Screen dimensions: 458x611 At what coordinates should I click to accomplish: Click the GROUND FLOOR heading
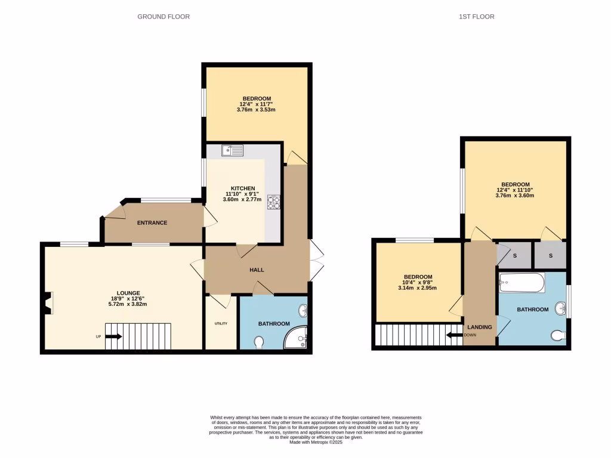point(163,17)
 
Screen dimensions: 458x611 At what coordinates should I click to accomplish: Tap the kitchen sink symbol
point(232,150)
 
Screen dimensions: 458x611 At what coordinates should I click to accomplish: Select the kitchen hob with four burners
point(274,203)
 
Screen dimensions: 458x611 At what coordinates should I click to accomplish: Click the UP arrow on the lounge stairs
point(114,336)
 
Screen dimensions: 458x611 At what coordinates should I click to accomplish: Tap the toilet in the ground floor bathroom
point(259,343)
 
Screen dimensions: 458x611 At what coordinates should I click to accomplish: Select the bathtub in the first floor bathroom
point(522,283)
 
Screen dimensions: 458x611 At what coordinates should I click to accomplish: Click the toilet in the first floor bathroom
point(558,336)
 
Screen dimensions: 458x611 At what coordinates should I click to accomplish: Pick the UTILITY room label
point(221,324)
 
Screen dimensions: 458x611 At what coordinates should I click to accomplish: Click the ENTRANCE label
point(152,223)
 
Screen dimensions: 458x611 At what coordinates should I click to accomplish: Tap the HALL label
point(257,270)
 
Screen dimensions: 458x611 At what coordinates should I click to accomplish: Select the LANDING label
point(480,327)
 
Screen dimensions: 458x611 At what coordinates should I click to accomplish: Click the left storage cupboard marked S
point(514,256)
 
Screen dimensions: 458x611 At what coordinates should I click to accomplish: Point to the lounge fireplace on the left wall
point(49,302)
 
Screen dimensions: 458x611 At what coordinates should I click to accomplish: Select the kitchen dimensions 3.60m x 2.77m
point(242,199)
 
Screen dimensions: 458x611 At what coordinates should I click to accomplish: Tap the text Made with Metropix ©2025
point(316,442)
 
